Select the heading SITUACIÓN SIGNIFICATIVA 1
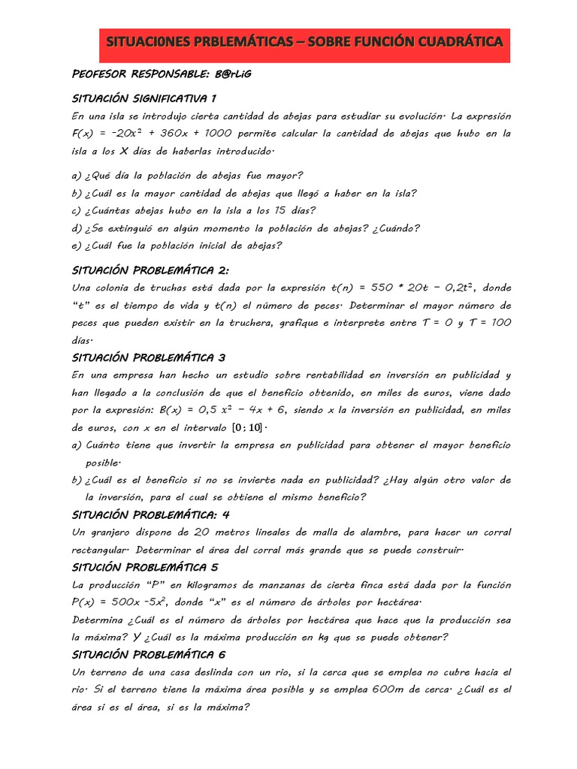144,98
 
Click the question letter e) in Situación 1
77,246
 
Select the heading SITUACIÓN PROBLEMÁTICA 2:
150,270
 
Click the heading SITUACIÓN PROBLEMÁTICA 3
148,357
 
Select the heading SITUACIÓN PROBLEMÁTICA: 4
150,514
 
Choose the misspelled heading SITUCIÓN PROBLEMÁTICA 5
143,567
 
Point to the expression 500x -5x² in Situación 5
140,603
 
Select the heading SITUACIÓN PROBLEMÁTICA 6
148,654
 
